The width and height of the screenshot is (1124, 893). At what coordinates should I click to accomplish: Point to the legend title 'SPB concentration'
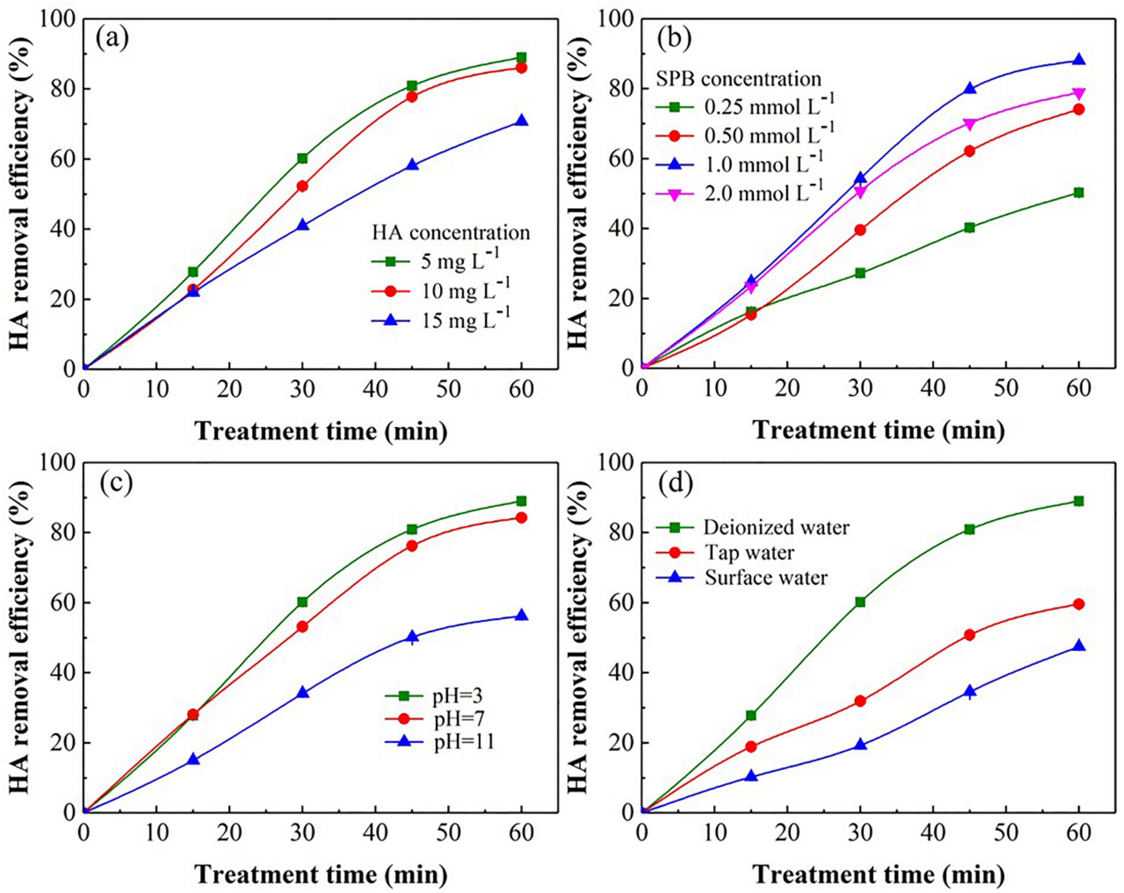click(x=738, y=79)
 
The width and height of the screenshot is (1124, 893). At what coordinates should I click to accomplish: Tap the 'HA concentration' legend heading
click(x=451, y=232)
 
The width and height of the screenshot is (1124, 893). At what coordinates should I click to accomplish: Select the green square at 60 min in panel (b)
click(x=1079, y=193)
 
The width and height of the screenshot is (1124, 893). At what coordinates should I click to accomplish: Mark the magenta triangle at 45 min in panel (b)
click(x=969, y=124)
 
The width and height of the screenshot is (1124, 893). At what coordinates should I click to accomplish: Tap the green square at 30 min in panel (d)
click(x=860, y=602)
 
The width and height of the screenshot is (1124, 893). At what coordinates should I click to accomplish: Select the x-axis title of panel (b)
click(x=878, y=430)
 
